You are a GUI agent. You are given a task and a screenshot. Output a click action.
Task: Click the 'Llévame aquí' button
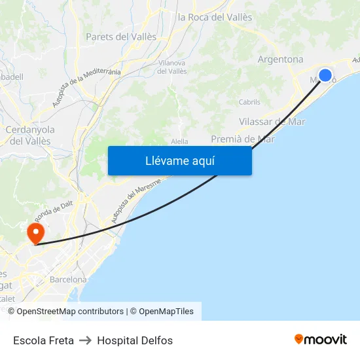(x=179, y=160)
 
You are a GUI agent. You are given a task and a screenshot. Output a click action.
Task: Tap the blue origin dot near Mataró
(x=325, y=75)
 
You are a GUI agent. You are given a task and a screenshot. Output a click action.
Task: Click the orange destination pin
(x=35, y=232)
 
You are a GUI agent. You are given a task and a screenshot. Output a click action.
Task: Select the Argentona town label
(x=280, y=59)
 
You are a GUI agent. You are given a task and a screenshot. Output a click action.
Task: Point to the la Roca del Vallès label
(x=215, y=17)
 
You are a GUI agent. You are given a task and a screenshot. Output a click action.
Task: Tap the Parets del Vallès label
(x=121, y=37)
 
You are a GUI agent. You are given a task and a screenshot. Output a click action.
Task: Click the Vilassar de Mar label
(x=272, y=122)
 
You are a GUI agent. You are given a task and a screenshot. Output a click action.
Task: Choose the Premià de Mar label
(x=242, y=139)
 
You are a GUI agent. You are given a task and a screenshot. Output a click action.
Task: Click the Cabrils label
(x=249, y=102)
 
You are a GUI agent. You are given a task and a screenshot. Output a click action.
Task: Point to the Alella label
(x=179, y=141)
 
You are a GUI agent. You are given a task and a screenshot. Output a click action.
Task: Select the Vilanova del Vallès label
(x=172, y=66)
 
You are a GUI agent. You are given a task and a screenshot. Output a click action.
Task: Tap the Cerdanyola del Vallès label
(x=30, y=135)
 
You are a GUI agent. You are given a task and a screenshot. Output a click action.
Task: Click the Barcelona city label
(x=68, y=279)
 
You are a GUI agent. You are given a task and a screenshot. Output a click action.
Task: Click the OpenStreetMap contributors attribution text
(x=70, y=312)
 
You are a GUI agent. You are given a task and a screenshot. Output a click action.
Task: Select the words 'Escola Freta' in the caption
(x=43, y=340)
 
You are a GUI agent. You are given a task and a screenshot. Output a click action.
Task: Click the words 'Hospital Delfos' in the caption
(x=135, y=340)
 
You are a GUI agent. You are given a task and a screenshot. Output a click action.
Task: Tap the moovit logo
(x=320, y=339)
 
